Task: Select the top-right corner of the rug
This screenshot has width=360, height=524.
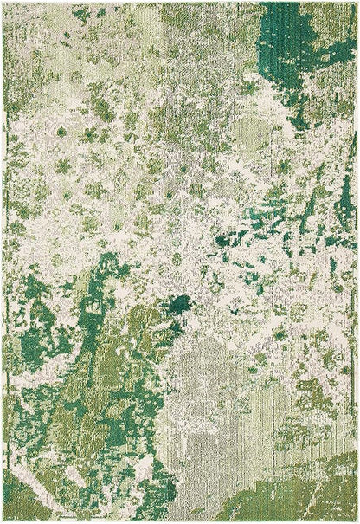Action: tap(357, 3)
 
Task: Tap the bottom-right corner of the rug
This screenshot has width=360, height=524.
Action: tap(357, 521)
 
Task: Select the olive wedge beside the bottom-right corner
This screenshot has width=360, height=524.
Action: tap(294, 498)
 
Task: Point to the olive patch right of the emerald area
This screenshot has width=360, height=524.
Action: tap(337, 35)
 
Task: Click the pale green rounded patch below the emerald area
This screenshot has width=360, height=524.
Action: tap(251, 130)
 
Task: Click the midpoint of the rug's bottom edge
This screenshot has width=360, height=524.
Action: tap(180, 521)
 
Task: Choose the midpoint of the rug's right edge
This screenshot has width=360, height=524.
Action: tap(357, 262)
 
